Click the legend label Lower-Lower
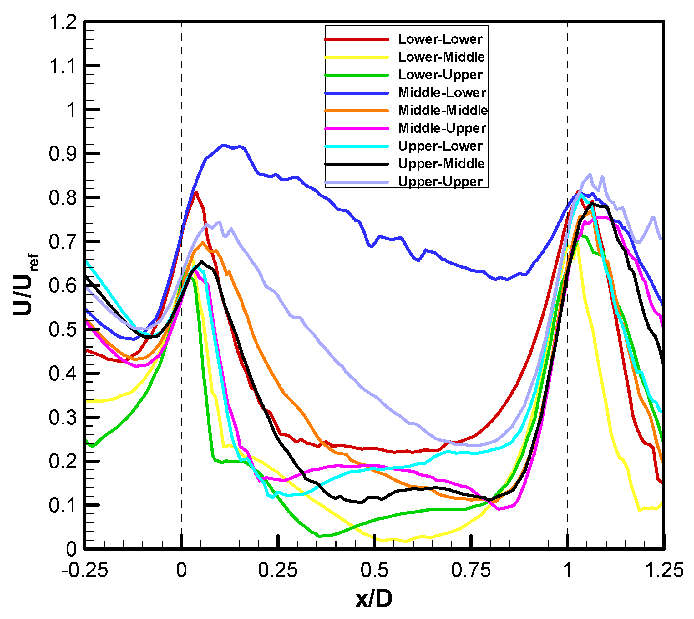(440, 39)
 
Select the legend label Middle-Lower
(442, 92)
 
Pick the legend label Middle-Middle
(443, 110)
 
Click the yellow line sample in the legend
(357, 57)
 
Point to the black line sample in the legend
(357, 164)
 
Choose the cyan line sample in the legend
(357, 146)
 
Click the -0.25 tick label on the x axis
(84, 570)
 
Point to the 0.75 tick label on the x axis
(471, 570)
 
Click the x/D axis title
(373, 599)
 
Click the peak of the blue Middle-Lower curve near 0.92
(223, 145)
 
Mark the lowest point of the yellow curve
(405, 542)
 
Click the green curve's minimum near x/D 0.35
(320, 536)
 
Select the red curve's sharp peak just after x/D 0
(196, 192)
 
